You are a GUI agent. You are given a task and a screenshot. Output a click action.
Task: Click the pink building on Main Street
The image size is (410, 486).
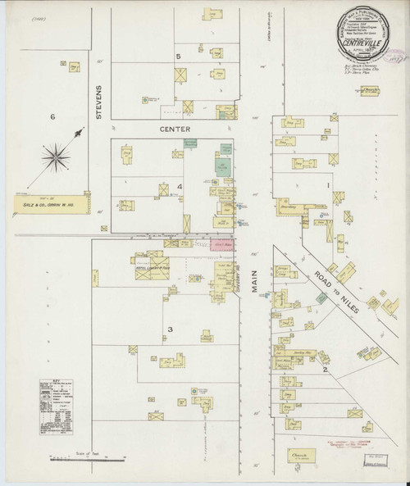click(x=221, y=243)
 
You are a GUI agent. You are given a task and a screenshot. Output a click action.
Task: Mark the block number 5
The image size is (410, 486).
click(x=177, y=56)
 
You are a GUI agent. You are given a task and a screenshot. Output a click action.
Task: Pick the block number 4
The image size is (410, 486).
click(x=180, y=188)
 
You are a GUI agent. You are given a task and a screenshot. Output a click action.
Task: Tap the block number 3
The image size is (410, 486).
click(x=170, y=329)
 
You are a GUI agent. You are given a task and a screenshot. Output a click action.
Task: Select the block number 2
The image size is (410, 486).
click(x=326, y=369)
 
